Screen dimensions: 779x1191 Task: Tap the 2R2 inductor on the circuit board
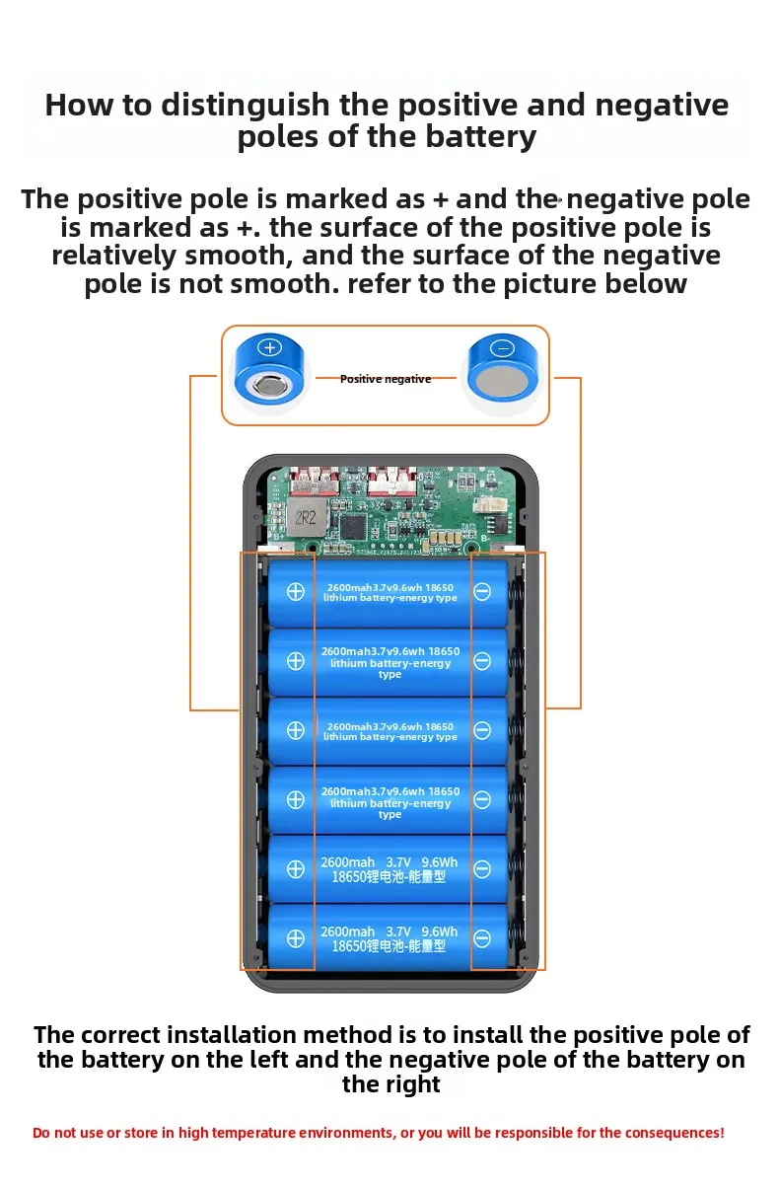306,517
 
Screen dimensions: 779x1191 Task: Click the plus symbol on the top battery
296,591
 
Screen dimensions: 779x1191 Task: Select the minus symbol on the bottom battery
482,938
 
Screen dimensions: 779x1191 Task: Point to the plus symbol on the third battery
296,730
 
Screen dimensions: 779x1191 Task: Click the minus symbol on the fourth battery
482,799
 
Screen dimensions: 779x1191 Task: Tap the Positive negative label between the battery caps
386,379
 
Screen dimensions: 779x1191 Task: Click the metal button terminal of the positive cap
270,385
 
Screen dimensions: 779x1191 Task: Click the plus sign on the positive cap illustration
270,347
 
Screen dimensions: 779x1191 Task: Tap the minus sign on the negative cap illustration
502,348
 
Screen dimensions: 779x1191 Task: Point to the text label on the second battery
390,662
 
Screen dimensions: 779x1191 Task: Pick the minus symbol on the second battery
482,661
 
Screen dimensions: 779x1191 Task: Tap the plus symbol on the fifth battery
296,868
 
